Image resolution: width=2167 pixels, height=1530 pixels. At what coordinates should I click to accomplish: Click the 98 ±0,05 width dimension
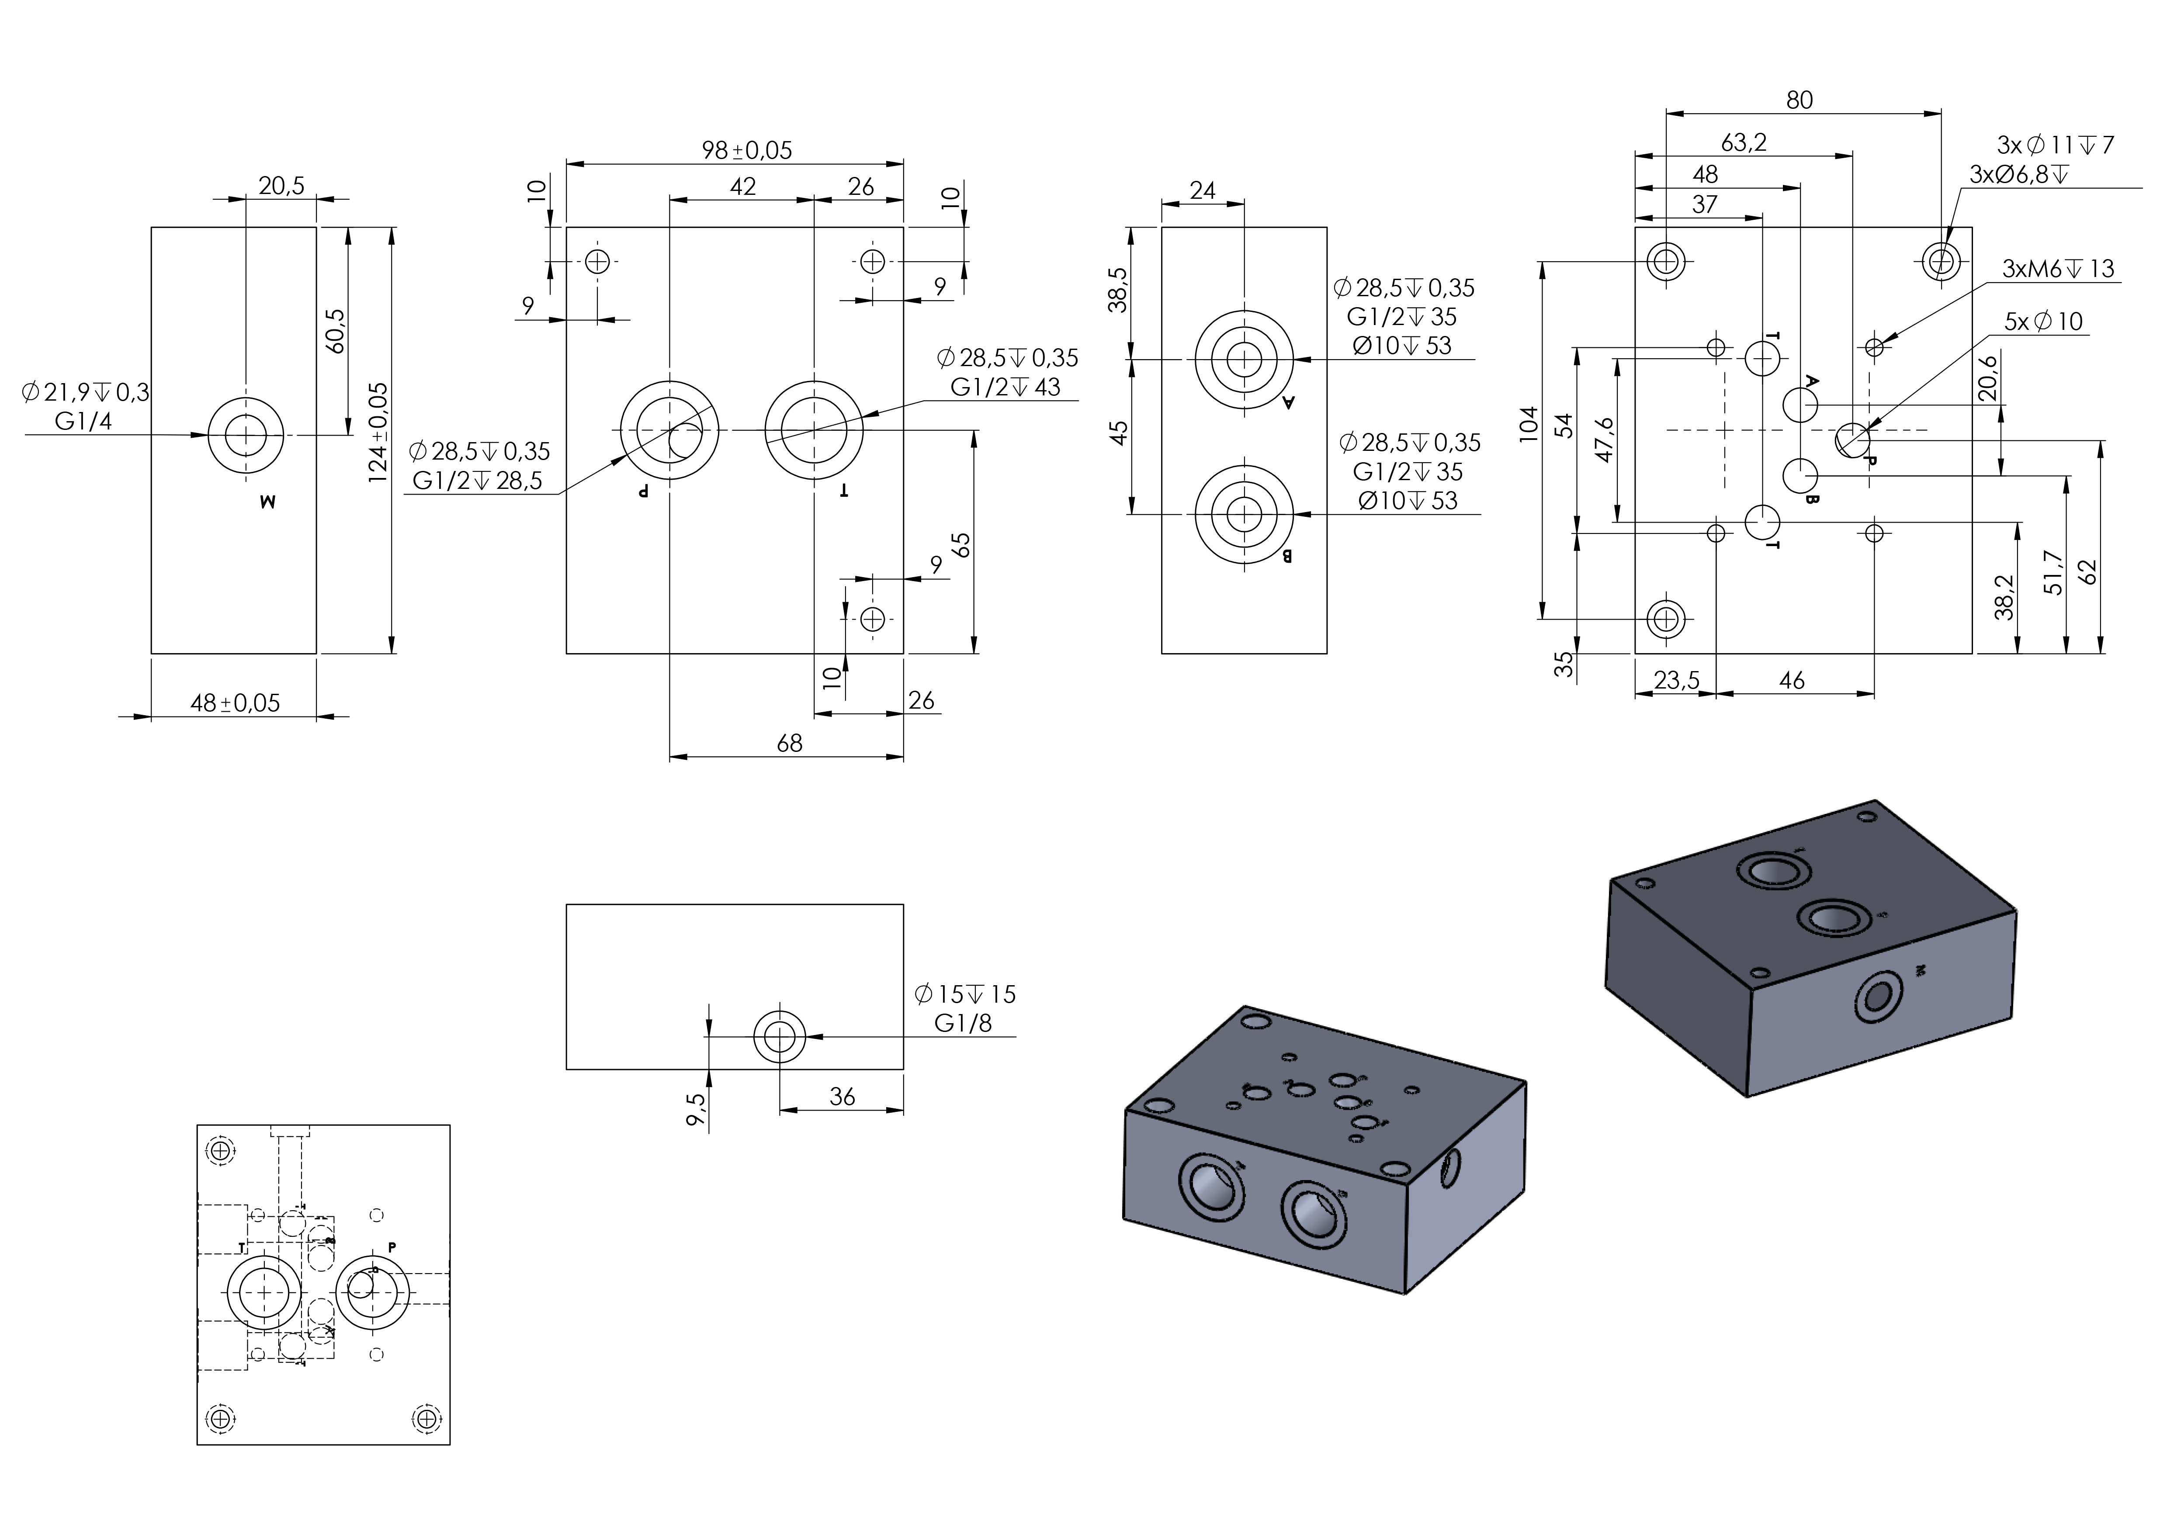pyautogui.click(x=746, y=150)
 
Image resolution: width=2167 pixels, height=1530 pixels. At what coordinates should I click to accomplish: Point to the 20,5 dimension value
pyautogui.click(x=281, y=186)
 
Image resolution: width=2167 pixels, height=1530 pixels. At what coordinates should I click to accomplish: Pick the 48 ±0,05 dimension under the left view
pyautogui.click(x=235, y=703)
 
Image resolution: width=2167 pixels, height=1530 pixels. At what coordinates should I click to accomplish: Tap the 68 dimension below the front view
pyautogui.click(x=789, y=744)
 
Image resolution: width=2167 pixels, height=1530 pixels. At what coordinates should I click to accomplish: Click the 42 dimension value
pyautogui.click(x=743, y=187)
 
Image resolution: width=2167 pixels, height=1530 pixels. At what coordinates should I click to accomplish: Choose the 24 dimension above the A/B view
pyautogui.click(x=1203, y=190)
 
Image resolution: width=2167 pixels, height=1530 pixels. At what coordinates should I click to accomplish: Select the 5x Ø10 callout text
pyautogui.click(x=2043, y=322)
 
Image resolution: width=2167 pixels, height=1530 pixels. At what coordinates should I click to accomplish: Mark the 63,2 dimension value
pyautogui.click(x=1743, y=142)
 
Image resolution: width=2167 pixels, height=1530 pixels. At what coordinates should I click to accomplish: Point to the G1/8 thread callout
pyautogui.click(x=963, y=1023)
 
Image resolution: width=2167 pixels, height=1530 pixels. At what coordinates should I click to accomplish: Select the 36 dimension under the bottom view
pyautogui.click(x=842, y=1097)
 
